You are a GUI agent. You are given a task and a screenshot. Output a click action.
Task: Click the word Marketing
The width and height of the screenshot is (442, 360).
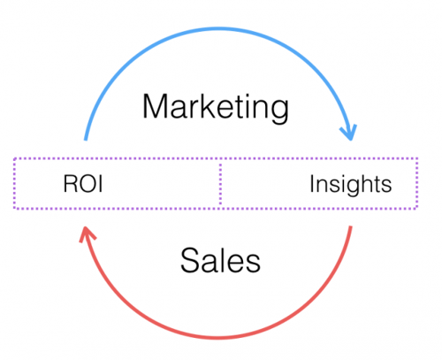coord(216,109)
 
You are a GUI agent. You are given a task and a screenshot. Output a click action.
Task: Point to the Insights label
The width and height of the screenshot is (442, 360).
coord(350,186)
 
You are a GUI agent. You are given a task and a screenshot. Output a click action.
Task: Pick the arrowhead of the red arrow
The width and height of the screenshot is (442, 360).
coord(87,234)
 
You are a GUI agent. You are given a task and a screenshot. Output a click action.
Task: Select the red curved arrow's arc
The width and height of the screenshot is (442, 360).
coord(221,336)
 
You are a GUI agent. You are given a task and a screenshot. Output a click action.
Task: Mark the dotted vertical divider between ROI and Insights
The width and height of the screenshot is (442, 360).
coord(218,184)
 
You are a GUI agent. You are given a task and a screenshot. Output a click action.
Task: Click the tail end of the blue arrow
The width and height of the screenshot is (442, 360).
coord(84,140)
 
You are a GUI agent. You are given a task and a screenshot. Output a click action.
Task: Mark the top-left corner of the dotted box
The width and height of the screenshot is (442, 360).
coord(15,160)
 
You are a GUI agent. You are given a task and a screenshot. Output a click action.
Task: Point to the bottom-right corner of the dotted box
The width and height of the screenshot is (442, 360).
coord(416,209)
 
